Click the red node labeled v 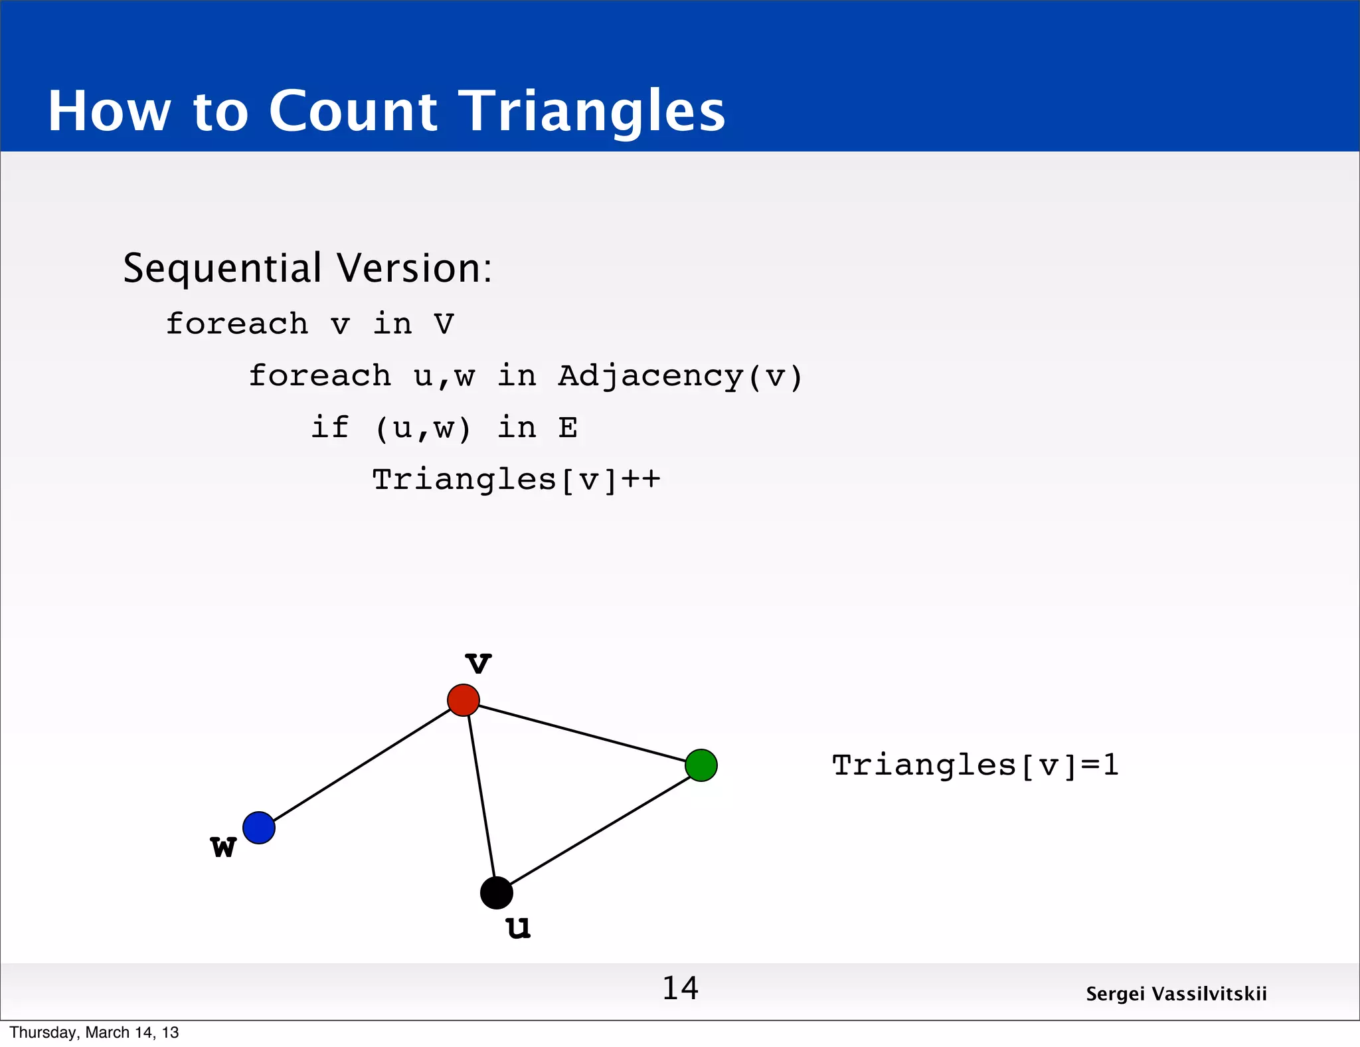click(464, 700)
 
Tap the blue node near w click(259, 828)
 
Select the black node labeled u click(497, 893)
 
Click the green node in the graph click(701, 765)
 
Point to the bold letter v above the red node click(478, 663)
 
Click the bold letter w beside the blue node click(223, 847)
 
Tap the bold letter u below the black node click(518, 927)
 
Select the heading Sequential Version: click(307, 268)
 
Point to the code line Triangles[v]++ click(516, 480)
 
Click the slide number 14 click(680, 989)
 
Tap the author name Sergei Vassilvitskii click(1176, 994)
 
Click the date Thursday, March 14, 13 click(94, 1032)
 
